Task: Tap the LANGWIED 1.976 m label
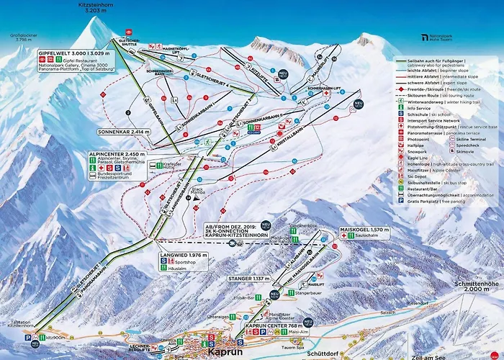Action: [181, 255]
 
